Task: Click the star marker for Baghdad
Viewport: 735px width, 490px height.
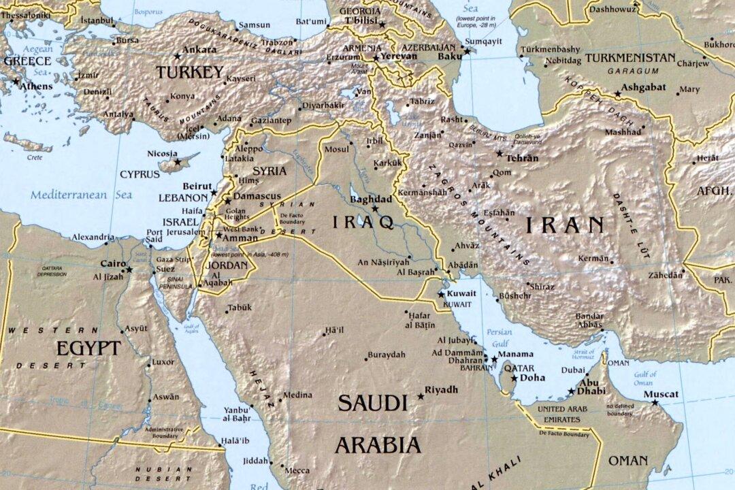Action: click(x=374, y=209)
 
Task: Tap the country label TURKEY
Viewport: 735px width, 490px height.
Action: click(x=189, y=72)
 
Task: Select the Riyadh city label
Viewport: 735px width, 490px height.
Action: click(x=441, y=390)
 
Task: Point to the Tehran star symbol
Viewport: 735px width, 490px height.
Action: click(x=500, y=154)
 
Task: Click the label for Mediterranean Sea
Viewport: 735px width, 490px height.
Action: click(x=81, y=195)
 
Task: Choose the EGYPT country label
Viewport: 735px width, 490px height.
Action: click(x=88, y=348)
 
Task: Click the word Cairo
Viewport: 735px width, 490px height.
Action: click(x=112, y=263)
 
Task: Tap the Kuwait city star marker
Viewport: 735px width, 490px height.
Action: click(x=441, y=294)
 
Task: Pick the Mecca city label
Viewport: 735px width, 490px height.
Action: click(x=297, y=470)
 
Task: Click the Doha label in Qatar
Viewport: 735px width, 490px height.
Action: click(x=533, y=377)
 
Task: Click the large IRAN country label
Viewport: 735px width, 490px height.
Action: click(x=564, y=225)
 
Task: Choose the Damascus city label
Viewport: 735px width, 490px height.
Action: click(x=257, y=196)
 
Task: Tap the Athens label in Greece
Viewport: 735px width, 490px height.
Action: click(x=36, y=86)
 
